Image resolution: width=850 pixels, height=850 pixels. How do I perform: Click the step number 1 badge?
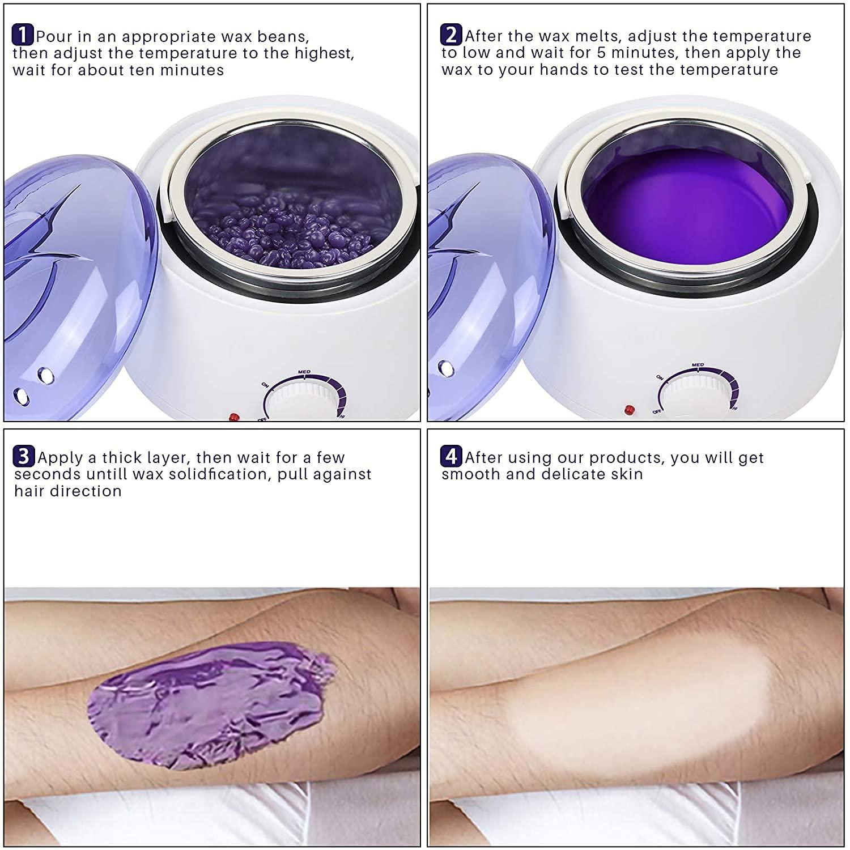22,35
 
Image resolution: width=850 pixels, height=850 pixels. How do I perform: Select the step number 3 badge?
23,456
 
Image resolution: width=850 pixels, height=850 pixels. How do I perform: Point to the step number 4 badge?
451,456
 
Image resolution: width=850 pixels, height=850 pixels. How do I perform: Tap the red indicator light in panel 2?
628,409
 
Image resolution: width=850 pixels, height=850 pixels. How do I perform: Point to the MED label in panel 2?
698,365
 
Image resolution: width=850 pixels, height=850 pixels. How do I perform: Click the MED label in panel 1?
304,372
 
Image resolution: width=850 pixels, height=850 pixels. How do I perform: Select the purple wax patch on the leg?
210,703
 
